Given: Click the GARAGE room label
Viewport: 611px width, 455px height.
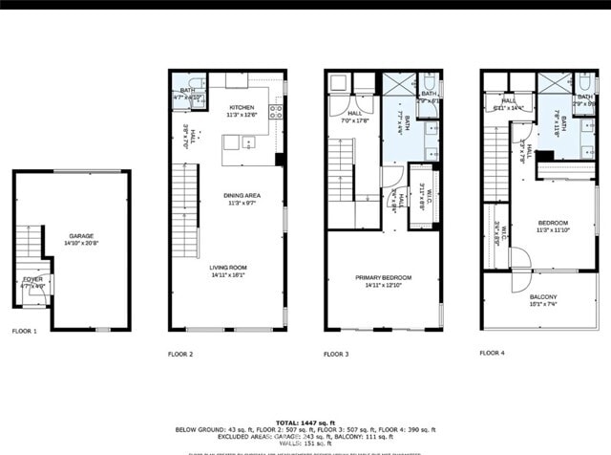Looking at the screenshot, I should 81,235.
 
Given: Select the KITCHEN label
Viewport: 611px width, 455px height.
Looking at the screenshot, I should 241,107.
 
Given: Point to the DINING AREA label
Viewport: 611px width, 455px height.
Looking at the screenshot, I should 243,195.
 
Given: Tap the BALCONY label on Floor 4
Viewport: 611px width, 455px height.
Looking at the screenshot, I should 543,297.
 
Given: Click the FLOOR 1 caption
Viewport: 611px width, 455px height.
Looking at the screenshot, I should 25,331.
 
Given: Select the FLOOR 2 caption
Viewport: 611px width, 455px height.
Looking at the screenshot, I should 180,354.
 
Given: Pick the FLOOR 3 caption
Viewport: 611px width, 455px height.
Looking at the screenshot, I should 336,354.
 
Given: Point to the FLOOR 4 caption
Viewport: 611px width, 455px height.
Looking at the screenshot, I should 492,353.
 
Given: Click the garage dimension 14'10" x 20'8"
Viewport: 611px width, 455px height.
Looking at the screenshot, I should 81,243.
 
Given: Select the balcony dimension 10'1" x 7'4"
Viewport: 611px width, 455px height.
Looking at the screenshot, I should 543,305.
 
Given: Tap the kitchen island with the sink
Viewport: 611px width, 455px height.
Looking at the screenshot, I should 243,144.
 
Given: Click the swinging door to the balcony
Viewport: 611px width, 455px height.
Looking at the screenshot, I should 518,258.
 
